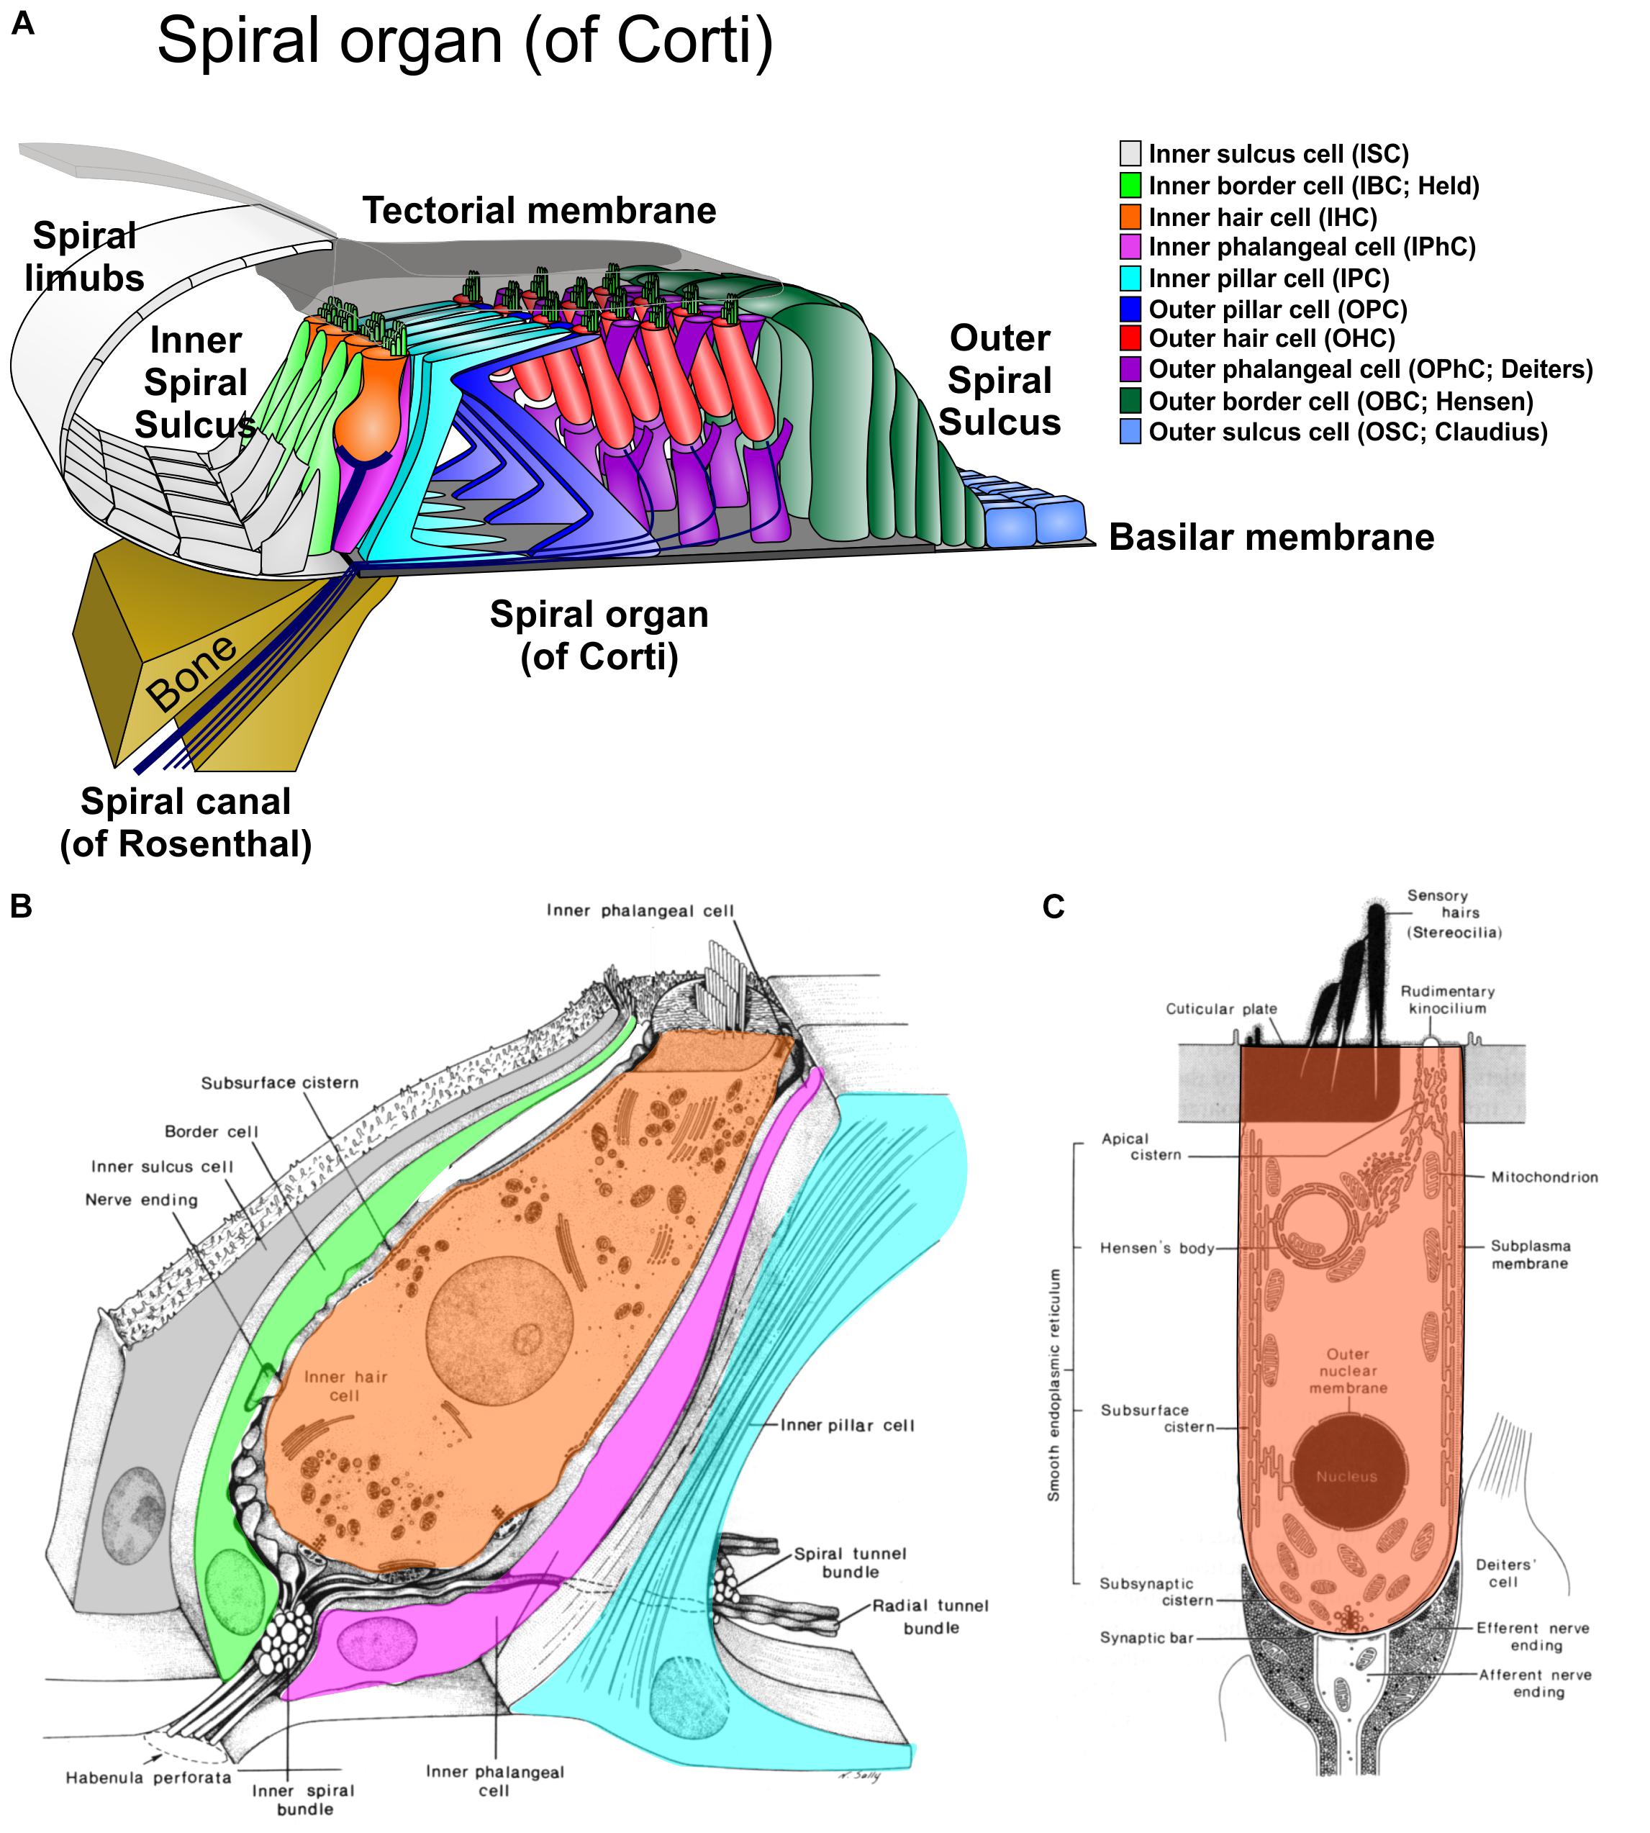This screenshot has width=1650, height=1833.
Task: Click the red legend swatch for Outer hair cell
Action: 1130,339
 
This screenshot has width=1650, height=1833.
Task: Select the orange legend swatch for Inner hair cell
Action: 1130,217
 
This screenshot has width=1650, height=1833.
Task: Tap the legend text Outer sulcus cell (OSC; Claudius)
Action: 1348,433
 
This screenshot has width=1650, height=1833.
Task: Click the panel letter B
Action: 21,905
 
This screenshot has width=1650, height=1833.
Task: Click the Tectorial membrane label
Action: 540,210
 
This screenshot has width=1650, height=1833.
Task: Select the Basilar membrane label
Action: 1271,538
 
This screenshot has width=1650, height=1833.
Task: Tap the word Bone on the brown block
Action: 192,673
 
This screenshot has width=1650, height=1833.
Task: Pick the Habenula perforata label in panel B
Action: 148,1778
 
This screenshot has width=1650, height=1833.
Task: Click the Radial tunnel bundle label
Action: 931,1616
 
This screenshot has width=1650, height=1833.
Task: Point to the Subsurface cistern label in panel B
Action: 279,1082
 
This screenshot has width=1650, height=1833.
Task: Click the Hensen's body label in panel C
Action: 1156,1249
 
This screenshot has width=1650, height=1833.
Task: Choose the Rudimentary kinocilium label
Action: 1447,1000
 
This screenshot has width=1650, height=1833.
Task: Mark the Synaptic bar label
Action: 1146,1638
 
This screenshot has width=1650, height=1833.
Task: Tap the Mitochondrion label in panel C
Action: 1544,1177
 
